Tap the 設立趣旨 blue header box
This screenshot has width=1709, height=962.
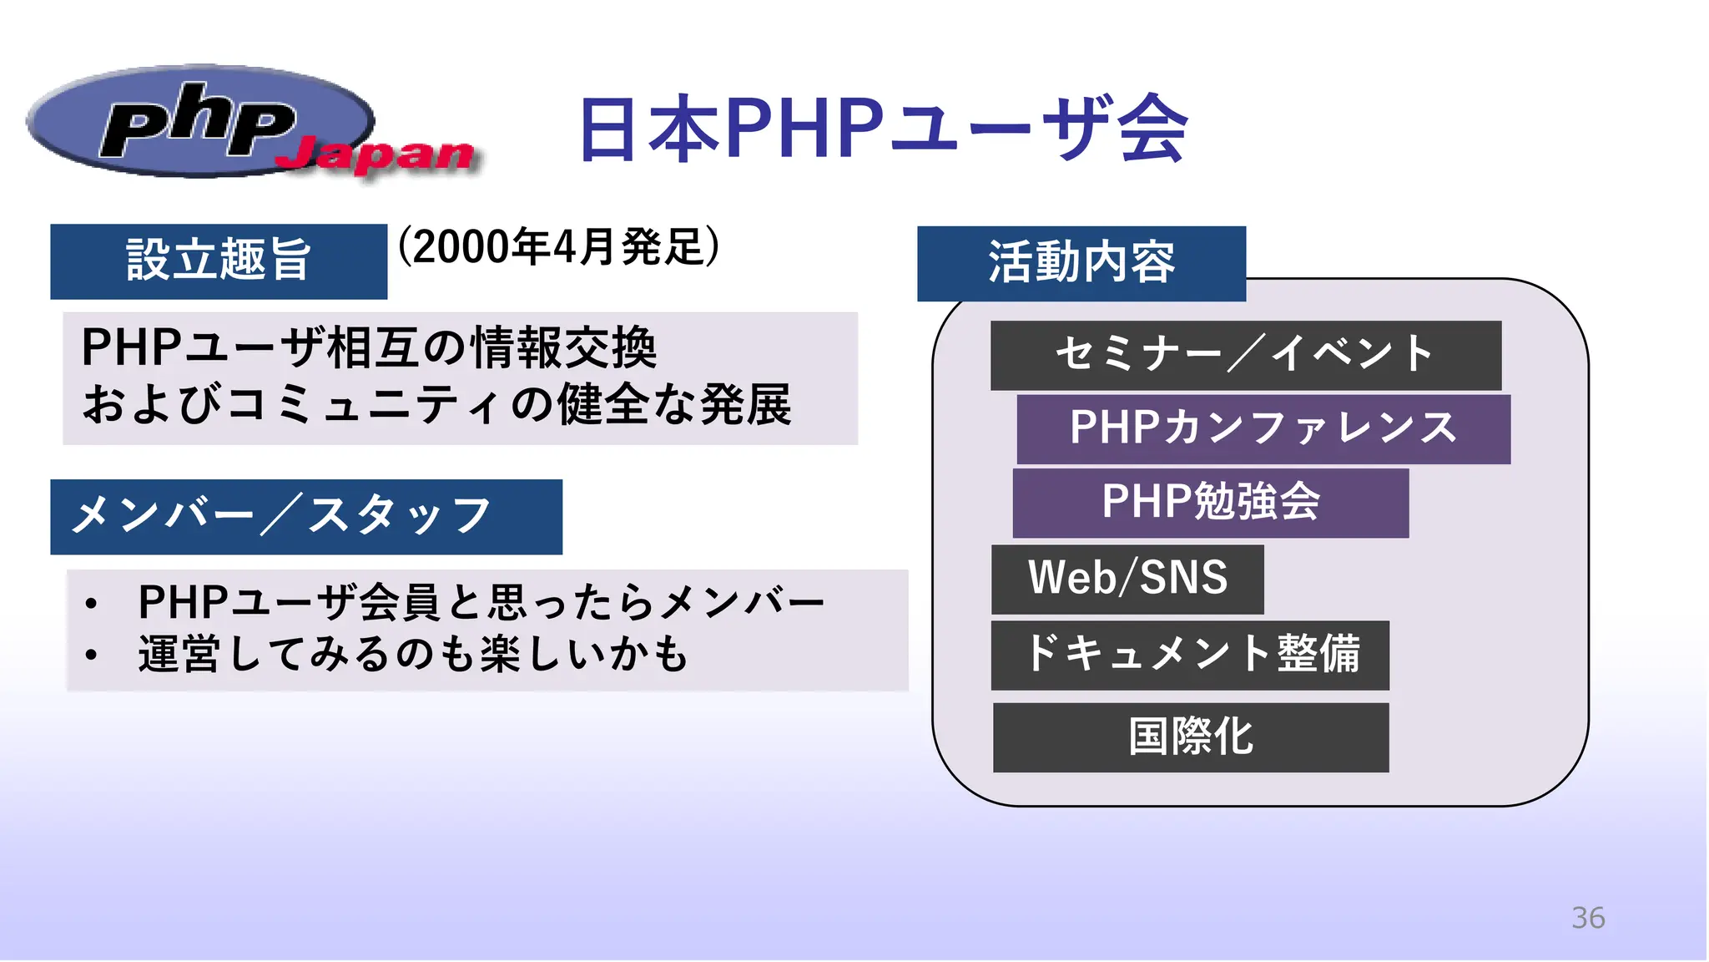click(219, 261)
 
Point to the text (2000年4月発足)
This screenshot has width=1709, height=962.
click(558, 247)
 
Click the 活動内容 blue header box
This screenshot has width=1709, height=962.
click(1081, 263)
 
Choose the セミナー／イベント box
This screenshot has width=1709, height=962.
click(1245, 355)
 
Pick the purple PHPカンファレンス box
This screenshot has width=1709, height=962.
click(1263, 429)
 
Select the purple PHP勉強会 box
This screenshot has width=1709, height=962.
click(1210, 503)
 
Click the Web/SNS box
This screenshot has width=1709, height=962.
click(1127, 579)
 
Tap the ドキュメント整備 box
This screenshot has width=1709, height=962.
click(1190, 655)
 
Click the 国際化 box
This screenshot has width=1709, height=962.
click(1190, 737)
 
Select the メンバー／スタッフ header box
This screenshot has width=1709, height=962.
click(305, 516)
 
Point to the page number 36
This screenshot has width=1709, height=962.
click(1587, 918)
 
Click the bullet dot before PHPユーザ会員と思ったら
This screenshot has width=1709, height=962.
click(91, 604)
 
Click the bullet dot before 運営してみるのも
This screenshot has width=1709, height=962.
click(91, 656)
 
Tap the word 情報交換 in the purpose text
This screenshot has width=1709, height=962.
click(564, 348)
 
